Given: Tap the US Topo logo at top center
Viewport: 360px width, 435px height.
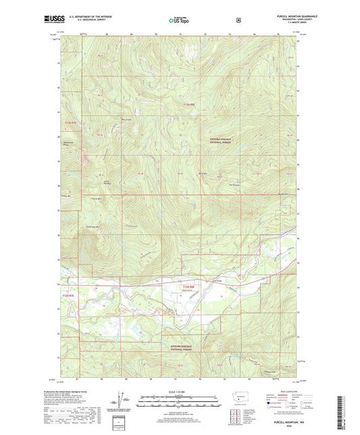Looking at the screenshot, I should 179,20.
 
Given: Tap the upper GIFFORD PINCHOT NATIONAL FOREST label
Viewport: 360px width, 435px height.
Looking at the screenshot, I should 220,140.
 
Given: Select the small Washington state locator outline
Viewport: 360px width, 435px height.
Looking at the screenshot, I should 232,399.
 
